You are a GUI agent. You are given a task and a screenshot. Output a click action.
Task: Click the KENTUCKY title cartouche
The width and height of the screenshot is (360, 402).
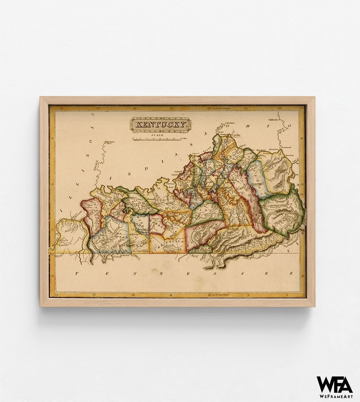click(161, 124)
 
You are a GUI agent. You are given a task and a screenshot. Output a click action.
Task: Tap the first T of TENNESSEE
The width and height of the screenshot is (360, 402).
click(77, 274)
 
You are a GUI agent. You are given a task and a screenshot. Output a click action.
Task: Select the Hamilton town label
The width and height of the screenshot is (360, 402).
click(231, 123)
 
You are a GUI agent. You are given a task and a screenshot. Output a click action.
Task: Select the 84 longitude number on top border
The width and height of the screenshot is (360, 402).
click(246, 108)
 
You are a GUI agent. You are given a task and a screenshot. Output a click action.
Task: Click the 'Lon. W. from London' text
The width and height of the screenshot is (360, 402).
click(219, 108)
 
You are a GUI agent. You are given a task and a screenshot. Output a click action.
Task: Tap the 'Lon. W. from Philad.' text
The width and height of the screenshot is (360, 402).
click(219, 295)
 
